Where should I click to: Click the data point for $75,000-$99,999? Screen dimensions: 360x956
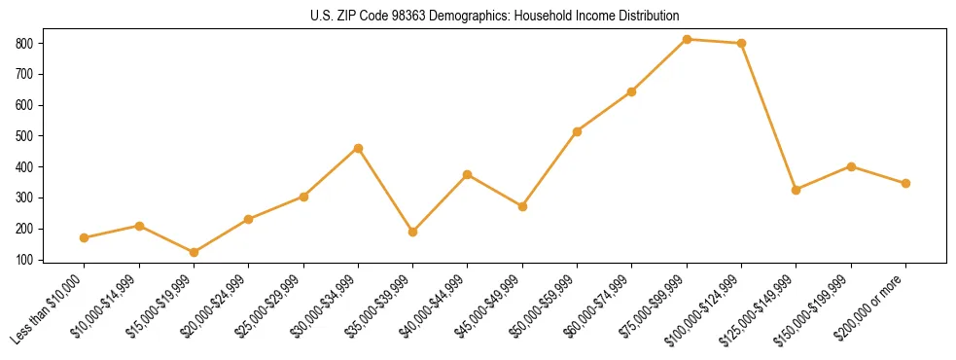click(x=687, y=39)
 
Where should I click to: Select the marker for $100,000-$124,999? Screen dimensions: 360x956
click(x=742, y=43)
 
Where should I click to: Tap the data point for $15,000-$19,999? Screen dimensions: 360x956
click(x=194, y=252)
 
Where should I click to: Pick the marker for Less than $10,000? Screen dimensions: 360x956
click(x=85, y=237)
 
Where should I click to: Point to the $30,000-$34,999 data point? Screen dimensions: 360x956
click(x=358, y=148)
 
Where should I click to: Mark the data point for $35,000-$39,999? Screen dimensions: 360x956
click(x=413, y=232)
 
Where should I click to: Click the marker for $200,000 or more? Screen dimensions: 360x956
click(x=905, y=183)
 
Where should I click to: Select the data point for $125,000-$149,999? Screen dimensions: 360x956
click(x=797, y=190)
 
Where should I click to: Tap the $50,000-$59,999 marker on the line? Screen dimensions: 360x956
click(x=578, y=131)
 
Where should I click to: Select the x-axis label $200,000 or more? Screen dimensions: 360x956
click(x=874, y=306)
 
